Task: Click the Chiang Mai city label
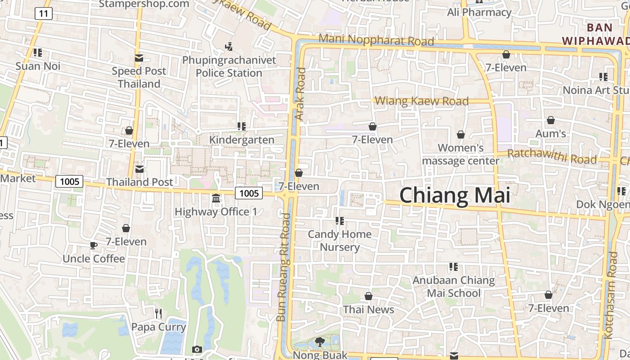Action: [x=455, y=196]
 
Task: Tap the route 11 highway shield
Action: [x=43, y=13]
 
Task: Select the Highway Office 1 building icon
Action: [x=216, y=198]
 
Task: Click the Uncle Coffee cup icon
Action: [x=93, y=245]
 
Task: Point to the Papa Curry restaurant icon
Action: [x=158, y=313]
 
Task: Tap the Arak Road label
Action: [x=301, y=94]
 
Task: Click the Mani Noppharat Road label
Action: [x=376, y=40]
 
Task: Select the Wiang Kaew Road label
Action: [x=422, y=101]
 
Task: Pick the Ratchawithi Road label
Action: [x=552, y=157]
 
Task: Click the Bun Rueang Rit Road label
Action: [x=283, y=267]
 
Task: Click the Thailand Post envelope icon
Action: [x=139, y=169]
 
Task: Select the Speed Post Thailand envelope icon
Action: [x=139, y=58]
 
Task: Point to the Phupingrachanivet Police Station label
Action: [x=229, y=67]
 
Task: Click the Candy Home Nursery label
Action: [x=340, y=240]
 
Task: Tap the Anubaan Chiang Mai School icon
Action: [x=453, y=267]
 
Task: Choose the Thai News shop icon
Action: [x=369, y=296]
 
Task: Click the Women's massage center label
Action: [x=461, y=154]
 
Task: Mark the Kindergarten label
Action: [x=242, y=140]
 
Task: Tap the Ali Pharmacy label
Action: [x=479, y=12]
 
